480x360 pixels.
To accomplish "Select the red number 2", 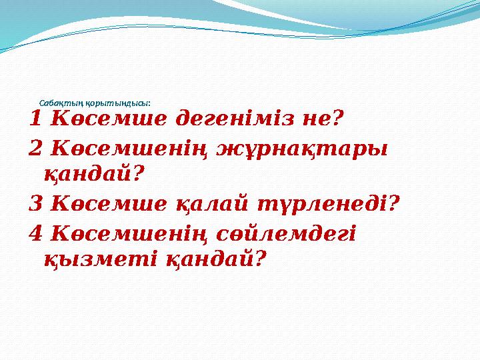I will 37,147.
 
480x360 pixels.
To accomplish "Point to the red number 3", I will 37,202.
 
